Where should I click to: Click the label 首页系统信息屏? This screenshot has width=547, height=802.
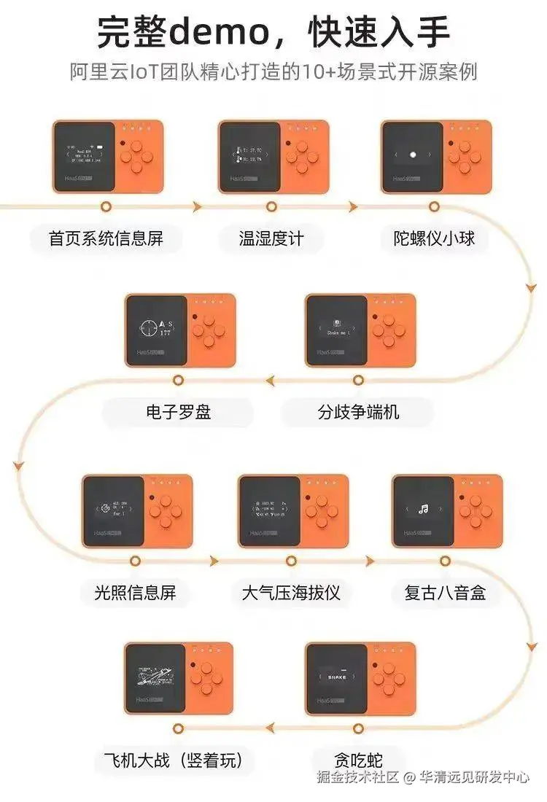pyautogui.click(x=106, y=238)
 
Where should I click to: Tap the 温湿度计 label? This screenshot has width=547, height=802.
pyautogui.click(x=271, y=238)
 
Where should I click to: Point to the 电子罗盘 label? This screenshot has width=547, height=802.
pyautogui.click(x=178, y=412)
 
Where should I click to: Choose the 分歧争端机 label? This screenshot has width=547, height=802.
pyautogui.click(x=358, y=412)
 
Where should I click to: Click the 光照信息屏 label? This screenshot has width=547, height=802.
pyautogui.click(x=135, y=592)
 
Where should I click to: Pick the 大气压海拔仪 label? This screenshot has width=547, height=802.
pyautogui.click(x=291, y=592)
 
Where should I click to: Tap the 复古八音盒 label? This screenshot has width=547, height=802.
pyautogui.click(x=445, y=592)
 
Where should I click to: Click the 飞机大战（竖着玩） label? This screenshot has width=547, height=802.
pyautogui.click(x=179, y=761)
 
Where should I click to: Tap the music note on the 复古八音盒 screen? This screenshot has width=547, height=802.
pyautogui.click(x=422, y=510)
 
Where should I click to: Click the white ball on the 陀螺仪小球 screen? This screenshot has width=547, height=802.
pyautogui.click(x=413, y=155)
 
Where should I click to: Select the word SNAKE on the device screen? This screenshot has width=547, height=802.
pyautogui.click(x=337, y=677)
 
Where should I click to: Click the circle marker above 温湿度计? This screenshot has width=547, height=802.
pyautogui.click(x=271, y=207)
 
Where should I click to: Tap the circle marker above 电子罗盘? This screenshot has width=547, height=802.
pyautogui.click(x=177, y=380)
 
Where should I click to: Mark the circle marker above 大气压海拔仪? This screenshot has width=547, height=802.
pyautogui.click(x=291, y=561)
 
